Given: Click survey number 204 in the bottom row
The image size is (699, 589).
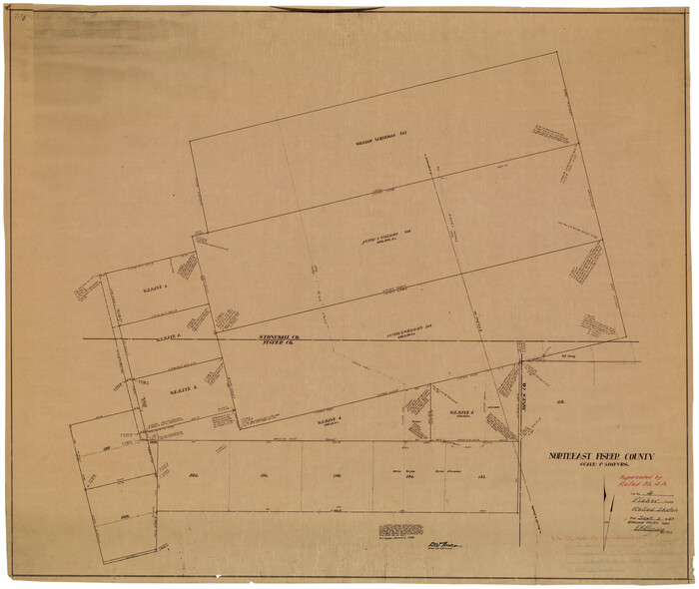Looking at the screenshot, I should pos(196,475).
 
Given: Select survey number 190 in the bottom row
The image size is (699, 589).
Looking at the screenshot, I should pos(338,475).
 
